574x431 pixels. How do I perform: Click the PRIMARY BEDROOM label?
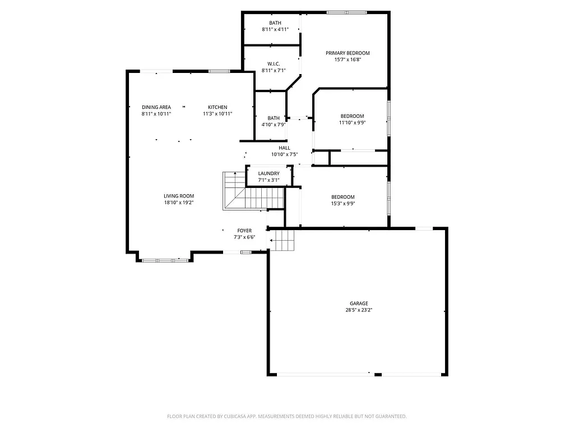348,53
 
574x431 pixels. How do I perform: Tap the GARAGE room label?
356,304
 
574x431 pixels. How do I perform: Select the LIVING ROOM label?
179,196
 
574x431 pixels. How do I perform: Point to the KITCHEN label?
217,107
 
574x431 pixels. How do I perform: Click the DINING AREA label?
156,107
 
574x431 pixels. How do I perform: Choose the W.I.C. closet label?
274,64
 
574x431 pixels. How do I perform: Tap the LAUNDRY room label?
269,173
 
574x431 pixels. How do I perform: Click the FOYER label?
244,231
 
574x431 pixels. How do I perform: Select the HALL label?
284,148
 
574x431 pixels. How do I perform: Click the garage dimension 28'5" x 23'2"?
356,310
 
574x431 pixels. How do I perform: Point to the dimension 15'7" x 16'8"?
348,59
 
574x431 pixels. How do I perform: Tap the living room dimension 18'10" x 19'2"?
179,203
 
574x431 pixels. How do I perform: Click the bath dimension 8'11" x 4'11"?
275,29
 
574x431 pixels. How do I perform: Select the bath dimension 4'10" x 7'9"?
274,125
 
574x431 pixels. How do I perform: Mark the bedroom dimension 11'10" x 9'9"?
352,122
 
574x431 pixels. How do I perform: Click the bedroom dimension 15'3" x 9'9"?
342,204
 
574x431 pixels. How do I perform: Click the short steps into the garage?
283,241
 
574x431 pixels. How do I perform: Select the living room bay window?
165,260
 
